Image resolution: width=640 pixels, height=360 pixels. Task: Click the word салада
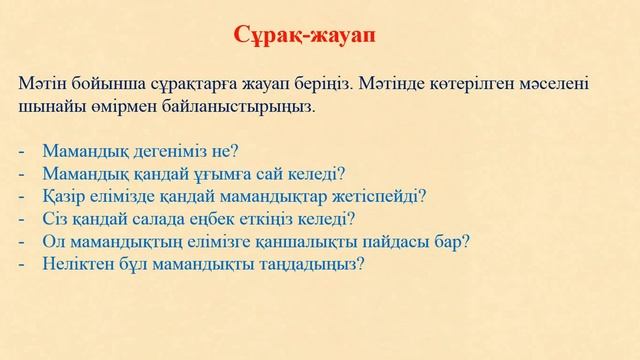168,219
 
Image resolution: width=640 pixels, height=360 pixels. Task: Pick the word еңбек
221,219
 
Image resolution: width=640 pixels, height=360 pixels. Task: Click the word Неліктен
76,265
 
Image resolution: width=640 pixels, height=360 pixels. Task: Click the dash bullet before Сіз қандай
23,219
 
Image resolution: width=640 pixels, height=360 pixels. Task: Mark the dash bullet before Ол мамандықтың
23,242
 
